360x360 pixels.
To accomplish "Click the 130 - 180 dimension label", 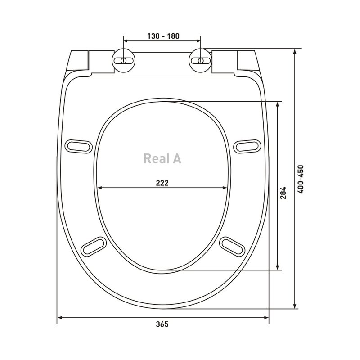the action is (163, 36).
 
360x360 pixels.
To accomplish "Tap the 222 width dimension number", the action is (162, 183).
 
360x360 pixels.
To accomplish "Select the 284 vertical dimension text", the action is (283, 193).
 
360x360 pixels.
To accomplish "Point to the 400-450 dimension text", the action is (300, 179).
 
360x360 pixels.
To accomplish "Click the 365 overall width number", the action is (162, 324).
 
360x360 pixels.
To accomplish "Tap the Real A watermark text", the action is (162, 159).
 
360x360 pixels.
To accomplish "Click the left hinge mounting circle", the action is (123, 61).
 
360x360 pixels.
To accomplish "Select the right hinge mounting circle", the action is (200, 61).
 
